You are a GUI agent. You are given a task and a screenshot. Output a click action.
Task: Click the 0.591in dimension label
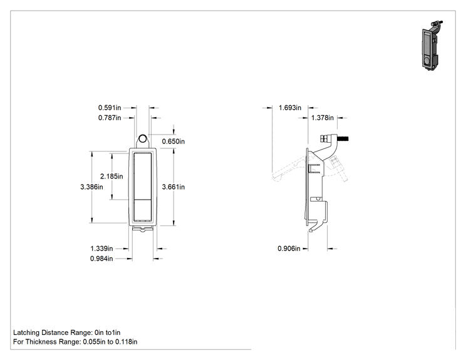[x=110, y=108]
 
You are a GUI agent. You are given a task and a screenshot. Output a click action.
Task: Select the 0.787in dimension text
[x=110, y=118]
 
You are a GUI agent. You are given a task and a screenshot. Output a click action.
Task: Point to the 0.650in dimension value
[x=173, y=141]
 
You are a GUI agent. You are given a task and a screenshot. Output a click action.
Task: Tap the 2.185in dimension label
[x=111, y=177]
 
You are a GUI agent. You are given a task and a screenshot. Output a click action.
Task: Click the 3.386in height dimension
[x=91, y=187]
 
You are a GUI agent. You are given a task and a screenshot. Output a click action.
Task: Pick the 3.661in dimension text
[x=173, y=187]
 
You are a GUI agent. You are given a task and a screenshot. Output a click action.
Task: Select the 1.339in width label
[x=101, y=249]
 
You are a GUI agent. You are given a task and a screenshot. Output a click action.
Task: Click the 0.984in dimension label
[x=101, y=259]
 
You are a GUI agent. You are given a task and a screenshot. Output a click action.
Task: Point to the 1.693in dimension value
[x=290, y=108]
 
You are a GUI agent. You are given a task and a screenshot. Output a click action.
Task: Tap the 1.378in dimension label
[x=323, y=118]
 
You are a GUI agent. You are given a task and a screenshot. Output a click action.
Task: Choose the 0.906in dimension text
[x=289, y=249]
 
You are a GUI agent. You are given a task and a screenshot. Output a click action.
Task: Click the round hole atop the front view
[x=143, y=139]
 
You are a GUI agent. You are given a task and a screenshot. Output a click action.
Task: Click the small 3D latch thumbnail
[x=431, y=46]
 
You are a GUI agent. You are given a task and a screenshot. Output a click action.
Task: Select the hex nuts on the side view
[x=324, y=139]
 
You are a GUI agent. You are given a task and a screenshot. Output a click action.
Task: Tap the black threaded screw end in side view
[x=343, y=138]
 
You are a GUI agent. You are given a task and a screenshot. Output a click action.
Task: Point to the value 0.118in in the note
[x=127, y=342]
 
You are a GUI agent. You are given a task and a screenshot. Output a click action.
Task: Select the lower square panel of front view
[x=143, y=210]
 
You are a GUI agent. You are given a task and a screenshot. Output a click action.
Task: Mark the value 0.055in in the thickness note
[x=94, y=342]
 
